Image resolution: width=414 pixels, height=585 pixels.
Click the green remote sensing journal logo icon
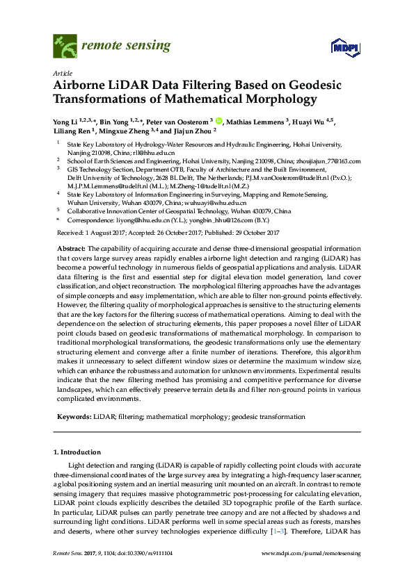[x=64, y=47]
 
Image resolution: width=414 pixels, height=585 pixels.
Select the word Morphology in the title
[x=278, y=99]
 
